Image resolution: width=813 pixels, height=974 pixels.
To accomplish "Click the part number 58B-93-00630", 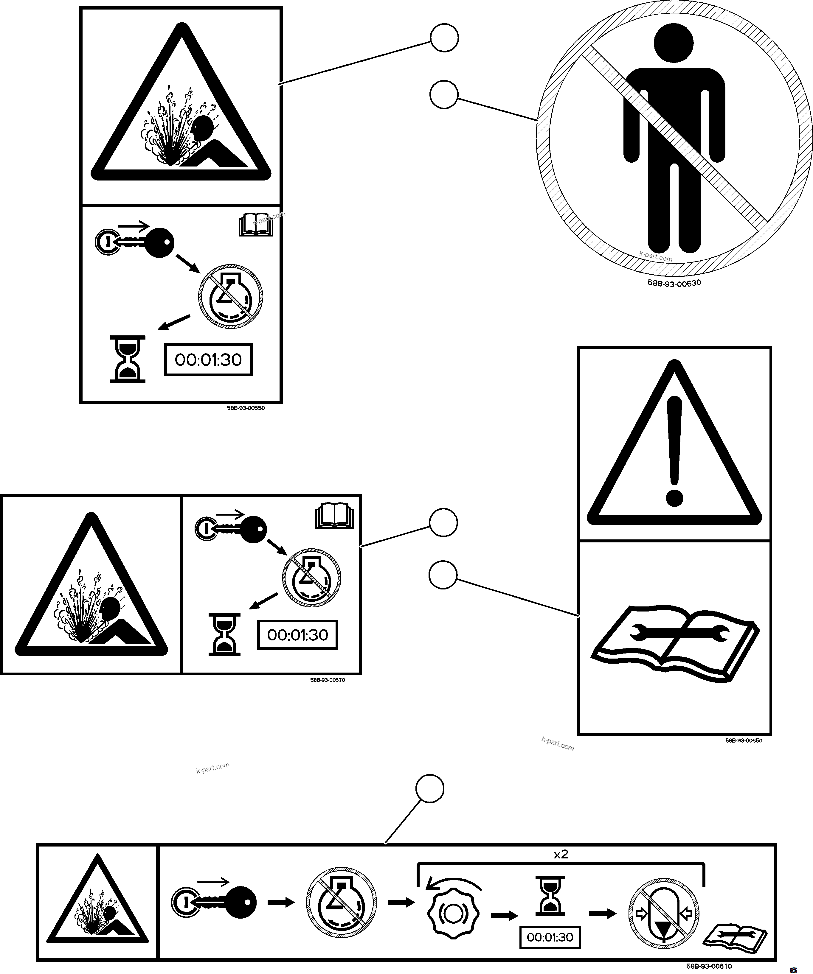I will pos(674,283).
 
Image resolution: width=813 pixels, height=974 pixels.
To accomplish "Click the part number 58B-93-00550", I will pos(246,408).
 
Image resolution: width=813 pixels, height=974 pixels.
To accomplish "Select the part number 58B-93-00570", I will pos(328,680).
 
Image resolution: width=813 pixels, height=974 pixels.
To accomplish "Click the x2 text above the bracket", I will pos(561,854).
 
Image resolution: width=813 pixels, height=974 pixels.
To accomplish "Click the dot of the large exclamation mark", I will pos(674,499).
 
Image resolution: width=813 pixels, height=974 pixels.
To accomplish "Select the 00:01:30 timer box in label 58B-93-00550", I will pos(208,360).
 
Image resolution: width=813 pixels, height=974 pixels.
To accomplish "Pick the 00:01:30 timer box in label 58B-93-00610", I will pos(550,937).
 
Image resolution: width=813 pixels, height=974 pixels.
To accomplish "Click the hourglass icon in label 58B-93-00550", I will pos(128,360).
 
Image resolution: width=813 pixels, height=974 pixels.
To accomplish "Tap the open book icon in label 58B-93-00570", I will pos(334,516).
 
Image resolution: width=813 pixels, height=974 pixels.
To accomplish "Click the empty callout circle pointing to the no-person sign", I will pos(444,95).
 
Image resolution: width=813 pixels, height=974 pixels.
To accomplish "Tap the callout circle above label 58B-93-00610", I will pos(430,788).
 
